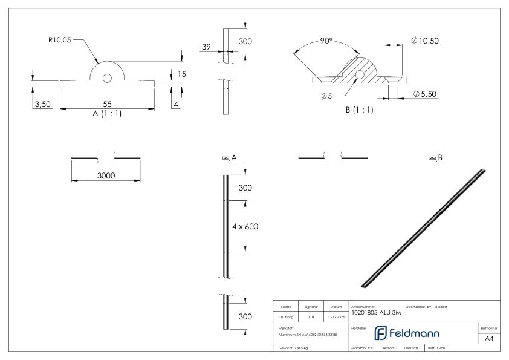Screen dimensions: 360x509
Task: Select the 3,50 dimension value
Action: tap(42, 105)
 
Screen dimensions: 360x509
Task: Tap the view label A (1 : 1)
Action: tap(106, 113)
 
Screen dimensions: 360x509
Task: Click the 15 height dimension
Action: tap(182, 74)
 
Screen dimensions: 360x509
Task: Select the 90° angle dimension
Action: tap(326, 41)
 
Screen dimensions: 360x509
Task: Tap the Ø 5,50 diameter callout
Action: tap(425, 94)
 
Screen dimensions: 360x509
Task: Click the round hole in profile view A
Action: tap(107, 78)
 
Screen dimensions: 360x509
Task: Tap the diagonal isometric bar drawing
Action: tap(423, 228)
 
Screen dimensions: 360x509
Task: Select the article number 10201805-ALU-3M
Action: tap(375, 312)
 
